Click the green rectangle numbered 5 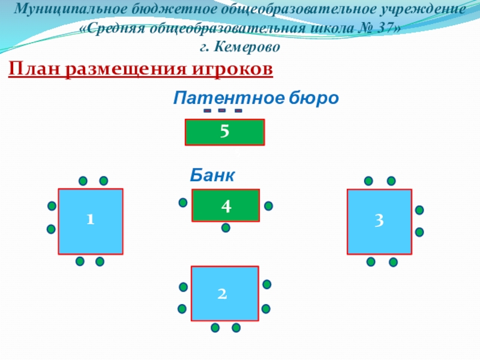[224, 133]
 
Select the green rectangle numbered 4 [226, 205]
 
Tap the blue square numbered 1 [91, 221]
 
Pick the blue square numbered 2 [224, 293]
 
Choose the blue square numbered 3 [379, 221]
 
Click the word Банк [212, 175]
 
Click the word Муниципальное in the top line [66, 10]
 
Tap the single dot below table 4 [226, 227]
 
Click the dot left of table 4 [183, 202]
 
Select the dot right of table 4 [268, 205]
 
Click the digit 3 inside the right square [379, 221]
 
